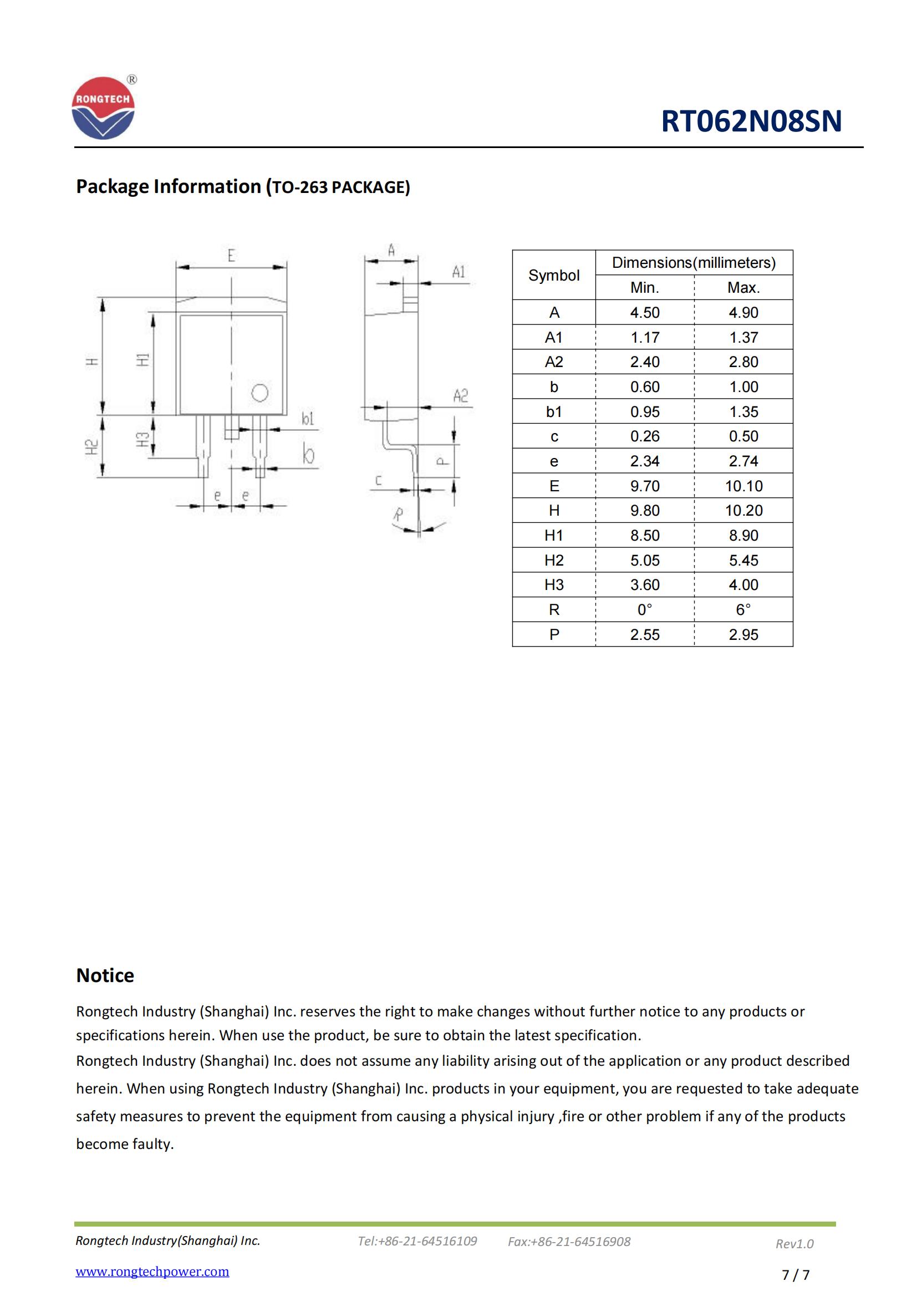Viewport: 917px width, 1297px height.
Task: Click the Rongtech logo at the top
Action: (103, 109)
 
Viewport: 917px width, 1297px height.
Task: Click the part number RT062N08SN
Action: (751, 121)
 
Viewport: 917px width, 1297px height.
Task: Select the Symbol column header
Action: (553, 275)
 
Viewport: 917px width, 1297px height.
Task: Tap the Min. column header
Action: (644, 288)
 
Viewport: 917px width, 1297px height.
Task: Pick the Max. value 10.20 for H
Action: (743, 511)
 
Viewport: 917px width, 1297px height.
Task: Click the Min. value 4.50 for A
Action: (644, 312)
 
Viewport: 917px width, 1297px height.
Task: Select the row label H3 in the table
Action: (553, 584)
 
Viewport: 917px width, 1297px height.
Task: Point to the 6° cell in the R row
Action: (743, 609)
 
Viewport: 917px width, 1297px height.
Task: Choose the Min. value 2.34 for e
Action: (644, 461)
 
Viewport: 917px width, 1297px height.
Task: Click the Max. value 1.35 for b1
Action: (743, 412)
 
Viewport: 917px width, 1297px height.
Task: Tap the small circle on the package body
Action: (259, 393)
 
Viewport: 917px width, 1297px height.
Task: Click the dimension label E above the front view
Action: (231, 256)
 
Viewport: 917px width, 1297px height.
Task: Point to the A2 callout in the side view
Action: (460, 395)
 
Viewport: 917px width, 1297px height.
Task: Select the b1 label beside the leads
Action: (308, 419)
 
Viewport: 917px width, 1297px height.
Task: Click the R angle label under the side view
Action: (399, 514)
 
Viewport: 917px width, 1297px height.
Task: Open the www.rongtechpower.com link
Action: (152, 1271)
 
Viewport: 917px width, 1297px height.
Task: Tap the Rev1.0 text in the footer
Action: (794, 1243)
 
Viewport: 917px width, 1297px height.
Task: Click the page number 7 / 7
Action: (795, 1275)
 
